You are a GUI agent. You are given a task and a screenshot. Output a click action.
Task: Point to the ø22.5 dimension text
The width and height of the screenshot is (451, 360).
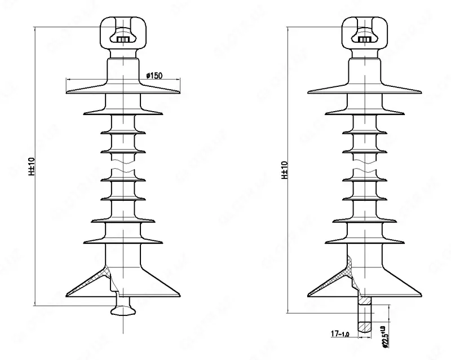[384, 332]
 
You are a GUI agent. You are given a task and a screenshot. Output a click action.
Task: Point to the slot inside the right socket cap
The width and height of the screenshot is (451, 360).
[365, 39]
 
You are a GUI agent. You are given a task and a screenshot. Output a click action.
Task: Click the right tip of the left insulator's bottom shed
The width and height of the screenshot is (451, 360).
[180, 294]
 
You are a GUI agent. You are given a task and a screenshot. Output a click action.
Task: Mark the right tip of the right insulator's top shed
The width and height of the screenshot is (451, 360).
[421, 90]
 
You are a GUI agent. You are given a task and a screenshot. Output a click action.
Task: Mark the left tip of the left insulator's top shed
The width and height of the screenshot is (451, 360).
[67, 90]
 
